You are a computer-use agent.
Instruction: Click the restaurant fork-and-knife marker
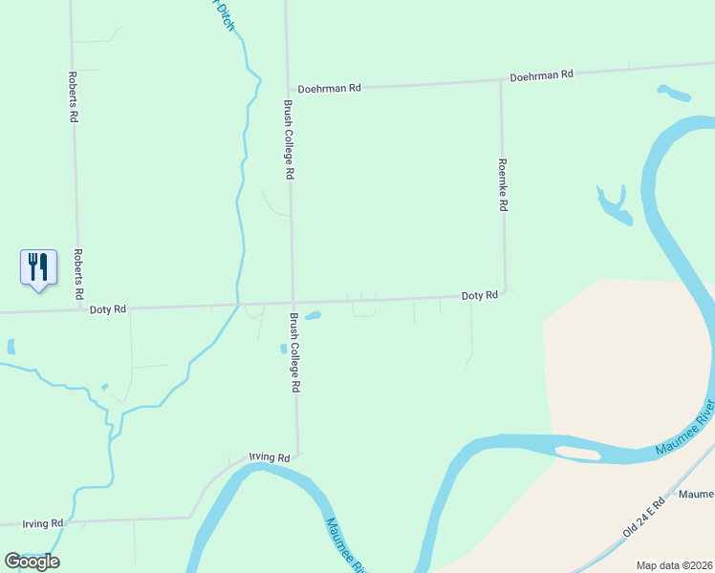pyautogui.click(x=38, y=266)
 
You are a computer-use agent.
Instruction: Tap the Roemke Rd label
pyautogui.click(x=503, y=184)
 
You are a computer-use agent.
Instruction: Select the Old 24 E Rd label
pyautogui.click(x=643, y=517)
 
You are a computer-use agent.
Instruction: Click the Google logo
pyautogui.click(x=32, y=562)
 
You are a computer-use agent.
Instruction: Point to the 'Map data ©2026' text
pyautogui.click(x=674, y=565)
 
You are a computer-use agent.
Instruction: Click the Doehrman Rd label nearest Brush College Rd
pyautogui.click(x=329, y=88)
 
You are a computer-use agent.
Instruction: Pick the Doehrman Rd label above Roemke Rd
pyautogui.click(x=541, y=74)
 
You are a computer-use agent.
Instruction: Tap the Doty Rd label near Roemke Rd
pyautogui.click(x=480, y=296)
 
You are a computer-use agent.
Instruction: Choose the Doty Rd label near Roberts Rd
pyautogui.click(x=108, y=309)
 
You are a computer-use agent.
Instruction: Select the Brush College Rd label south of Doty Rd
pyautogui.click(x=296, y=352)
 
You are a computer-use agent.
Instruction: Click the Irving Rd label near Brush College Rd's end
pyautogui.click(x=269, y=458)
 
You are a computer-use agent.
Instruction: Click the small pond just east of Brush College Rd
pyautogui.click(x=313, y=316)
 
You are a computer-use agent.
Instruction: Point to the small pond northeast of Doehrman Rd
pyautogui.click(x=674, y=94)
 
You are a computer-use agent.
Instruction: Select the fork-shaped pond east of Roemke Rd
pyautogui.click(x=614, y=206)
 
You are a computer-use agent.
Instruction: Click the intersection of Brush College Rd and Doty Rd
pyautogui.click(x=292, y=304)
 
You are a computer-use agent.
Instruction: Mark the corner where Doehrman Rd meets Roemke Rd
pyautogui.click(x=501, y=81)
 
